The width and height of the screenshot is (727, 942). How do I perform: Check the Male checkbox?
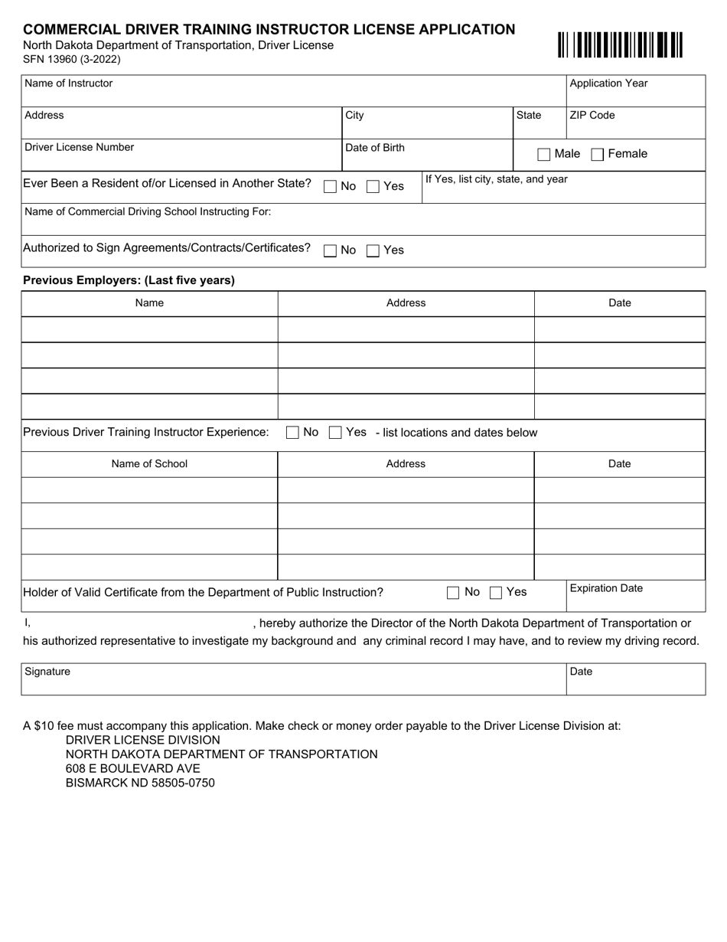[x=544, y=155]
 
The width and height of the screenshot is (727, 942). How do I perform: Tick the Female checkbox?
[x=598, y=155]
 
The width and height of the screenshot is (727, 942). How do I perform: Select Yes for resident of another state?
[x=373, y=186]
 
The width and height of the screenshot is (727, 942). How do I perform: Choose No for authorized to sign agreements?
[x=331, y=250]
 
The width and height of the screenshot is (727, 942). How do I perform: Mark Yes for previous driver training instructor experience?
[x=335, y=433]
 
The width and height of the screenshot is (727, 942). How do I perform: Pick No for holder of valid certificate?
[x=453, y=592]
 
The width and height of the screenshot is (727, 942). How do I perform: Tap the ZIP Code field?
[x=635, y=127]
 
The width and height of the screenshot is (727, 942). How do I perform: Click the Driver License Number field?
[x=181, y=159]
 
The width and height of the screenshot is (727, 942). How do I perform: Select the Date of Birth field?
[x=426, y=159]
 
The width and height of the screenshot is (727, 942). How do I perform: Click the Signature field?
[x=293, y=683]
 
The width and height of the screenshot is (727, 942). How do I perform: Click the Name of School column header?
[x=149, y=464]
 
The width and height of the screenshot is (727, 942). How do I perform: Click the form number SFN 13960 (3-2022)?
[x=72, y=59]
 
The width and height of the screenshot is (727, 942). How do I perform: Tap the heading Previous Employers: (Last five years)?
[x=129, y=280]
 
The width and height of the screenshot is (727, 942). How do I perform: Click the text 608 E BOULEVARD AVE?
[x=133, y=769]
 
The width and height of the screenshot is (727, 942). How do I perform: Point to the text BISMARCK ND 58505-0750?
[x=140, y=783]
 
